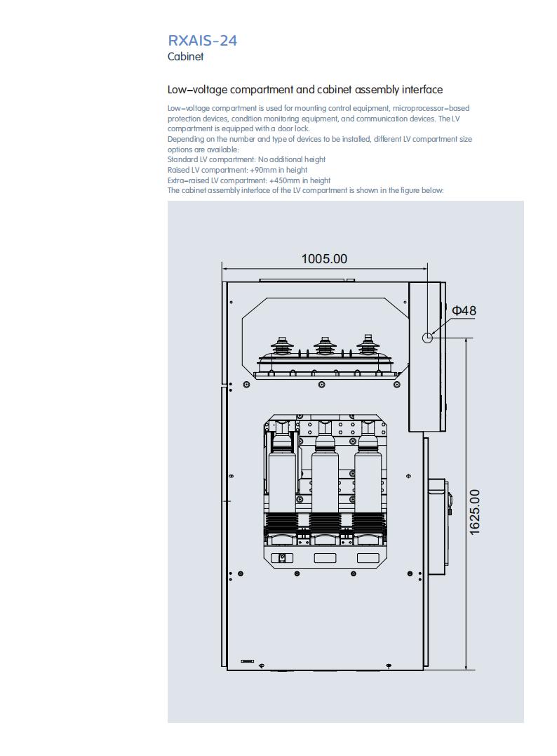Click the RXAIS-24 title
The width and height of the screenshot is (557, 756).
point(202,41)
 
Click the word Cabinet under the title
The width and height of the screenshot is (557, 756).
point(185,56)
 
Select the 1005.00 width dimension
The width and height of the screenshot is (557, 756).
point(324,259)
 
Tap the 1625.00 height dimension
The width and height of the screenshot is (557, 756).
point(475,512)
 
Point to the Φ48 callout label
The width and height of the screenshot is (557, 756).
point(464,310)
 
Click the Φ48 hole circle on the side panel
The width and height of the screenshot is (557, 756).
point(427,338)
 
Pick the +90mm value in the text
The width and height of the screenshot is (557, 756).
point(263,170)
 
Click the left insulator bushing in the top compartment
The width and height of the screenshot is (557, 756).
point(279,346)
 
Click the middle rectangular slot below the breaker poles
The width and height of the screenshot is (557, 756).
point(326,558)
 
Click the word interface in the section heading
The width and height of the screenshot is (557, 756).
point(422,90)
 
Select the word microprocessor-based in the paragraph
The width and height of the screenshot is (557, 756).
point(431,108)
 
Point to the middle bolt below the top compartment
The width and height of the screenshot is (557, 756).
point(322,384)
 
